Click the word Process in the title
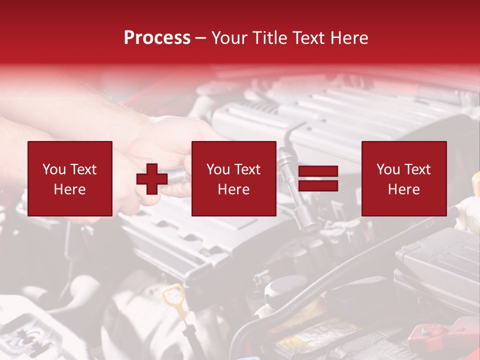tap(157, 38)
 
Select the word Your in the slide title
tap(229, 38)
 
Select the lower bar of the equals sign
tap(318, 186)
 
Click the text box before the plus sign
tap(69, 178)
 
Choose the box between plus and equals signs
tap(233, 178)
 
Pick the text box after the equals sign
tap(403, 178)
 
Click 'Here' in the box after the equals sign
tap(403, 189)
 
